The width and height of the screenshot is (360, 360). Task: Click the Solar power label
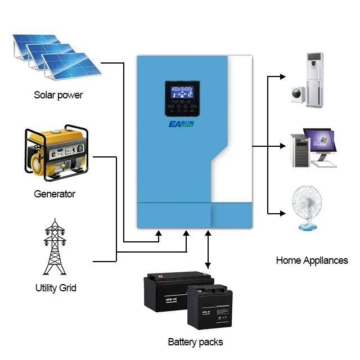58,95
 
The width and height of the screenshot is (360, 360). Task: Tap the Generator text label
54,194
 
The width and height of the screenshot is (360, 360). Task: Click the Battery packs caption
195,341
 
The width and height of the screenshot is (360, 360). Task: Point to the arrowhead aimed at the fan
280,213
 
